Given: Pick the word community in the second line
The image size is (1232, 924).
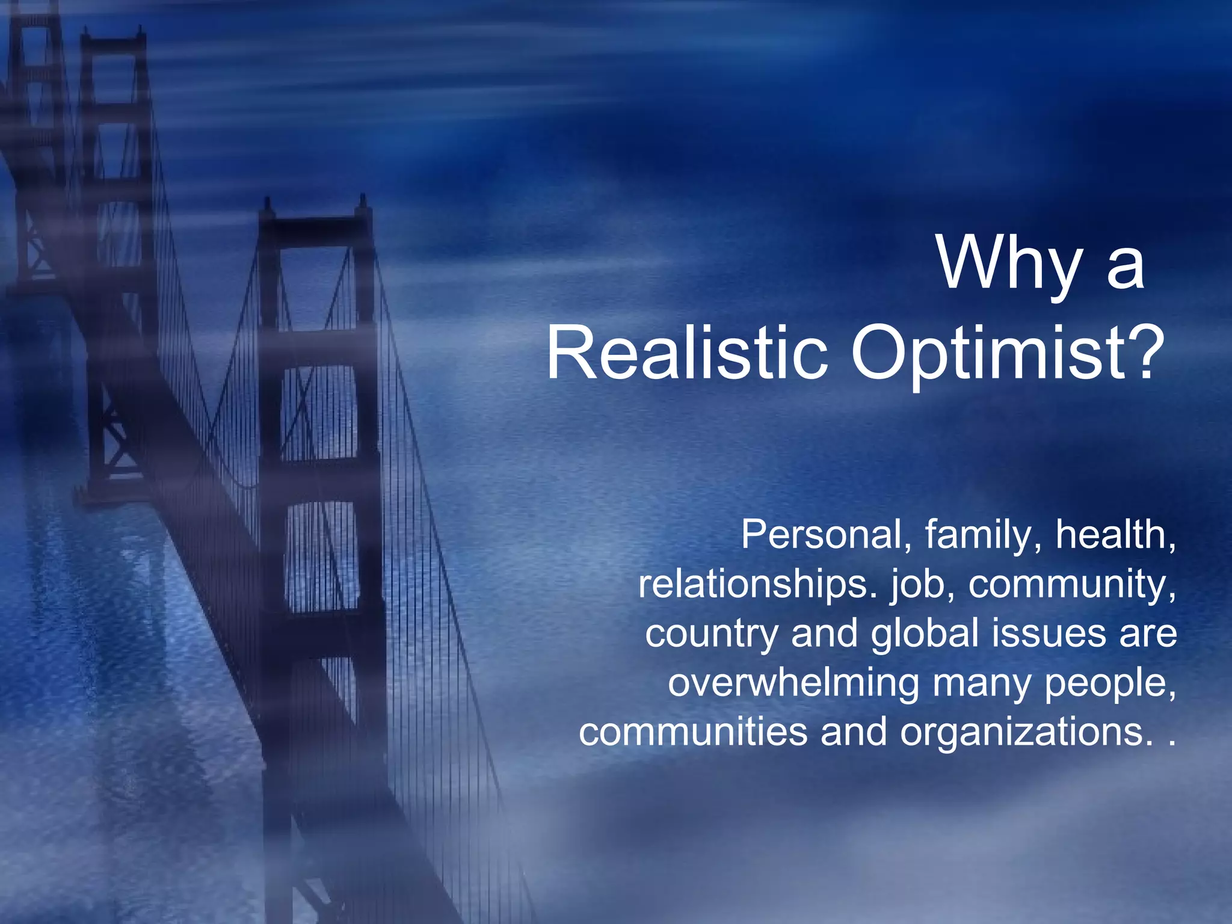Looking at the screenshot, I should click(x=1071, y=584).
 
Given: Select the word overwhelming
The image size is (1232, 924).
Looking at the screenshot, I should click(x=793, y=683).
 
